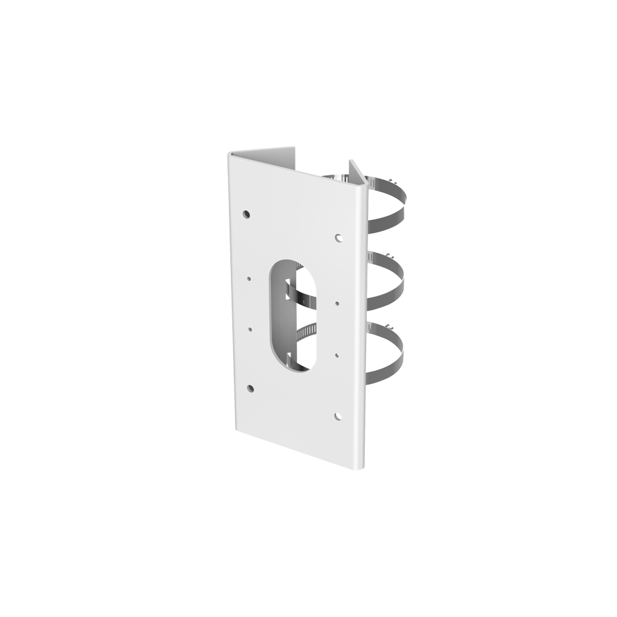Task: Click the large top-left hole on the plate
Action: pos(246,214)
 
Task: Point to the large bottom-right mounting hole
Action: pos(338,415)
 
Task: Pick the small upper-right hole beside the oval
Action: pos(338,301)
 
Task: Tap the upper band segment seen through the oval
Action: pos(296,291)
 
